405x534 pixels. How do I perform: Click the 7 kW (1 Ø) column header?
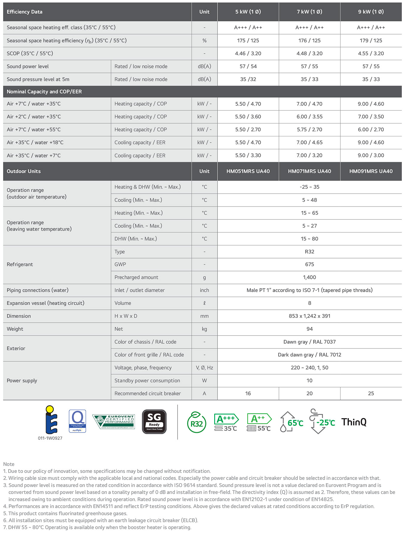(309, 12)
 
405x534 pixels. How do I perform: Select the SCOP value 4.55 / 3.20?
(371, 53)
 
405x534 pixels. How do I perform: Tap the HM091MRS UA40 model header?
(371, 171)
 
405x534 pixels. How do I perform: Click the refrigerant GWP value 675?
(309, 264)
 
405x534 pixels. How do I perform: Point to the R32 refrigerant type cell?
(309, 252)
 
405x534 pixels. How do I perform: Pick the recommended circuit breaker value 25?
(371, 393)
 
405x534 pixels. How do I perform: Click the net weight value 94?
(309, 329)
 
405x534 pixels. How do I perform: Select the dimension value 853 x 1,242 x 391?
(309, 316)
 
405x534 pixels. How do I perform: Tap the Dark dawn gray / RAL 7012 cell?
(309, 355)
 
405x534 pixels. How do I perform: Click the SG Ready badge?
(154, 421)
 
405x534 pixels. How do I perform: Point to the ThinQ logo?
(354, 422)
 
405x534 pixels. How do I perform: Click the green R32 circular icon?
(196, 422)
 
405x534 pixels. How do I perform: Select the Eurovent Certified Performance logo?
(114, 421)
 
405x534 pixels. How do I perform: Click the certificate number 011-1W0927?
(50, 438)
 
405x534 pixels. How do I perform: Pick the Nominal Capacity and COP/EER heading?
(44, 92)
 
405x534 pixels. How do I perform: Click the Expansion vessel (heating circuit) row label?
(46, 303)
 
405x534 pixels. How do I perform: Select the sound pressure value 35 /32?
(248, 79)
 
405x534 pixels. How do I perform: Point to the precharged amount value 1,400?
(309, 277)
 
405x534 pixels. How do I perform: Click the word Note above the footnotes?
(9, 464)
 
